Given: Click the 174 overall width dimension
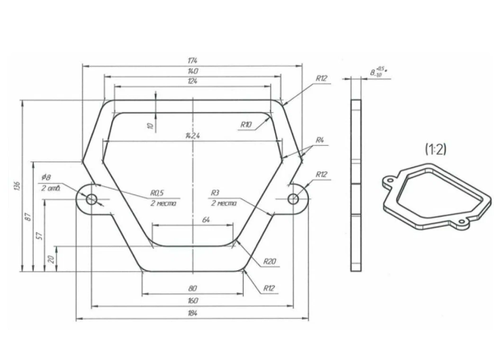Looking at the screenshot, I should [192, 62].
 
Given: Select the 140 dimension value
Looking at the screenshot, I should [192, 72].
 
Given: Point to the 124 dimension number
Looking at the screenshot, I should [192, 82].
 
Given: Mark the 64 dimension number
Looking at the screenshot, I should [204, 220].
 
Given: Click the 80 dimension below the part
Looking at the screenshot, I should [193, 289].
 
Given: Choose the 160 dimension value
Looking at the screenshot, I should [193, 301].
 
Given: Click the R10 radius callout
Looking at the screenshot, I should [246, 124].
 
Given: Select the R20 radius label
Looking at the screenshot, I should [269, 262].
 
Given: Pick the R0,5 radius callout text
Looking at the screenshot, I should [157, 193].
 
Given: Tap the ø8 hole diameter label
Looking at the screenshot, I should [46, 177].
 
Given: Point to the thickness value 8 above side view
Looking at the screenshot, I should [375, 72].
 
